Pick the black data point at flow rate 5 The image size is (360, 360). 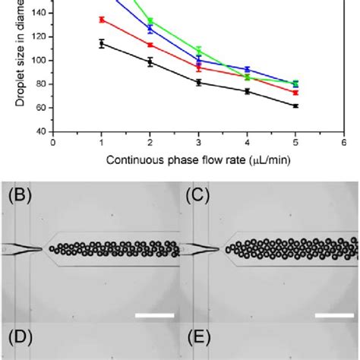point(295,106)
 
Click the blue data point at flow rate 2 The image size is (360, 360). point(150,29)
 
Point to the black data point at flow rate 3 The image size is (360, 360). point(198,82)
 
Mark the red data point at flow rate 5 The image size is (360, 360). point(295,92)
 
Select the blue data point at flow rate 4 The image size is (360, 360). point(247,70)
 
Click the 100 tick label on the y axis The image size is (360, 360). point(39,60)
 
